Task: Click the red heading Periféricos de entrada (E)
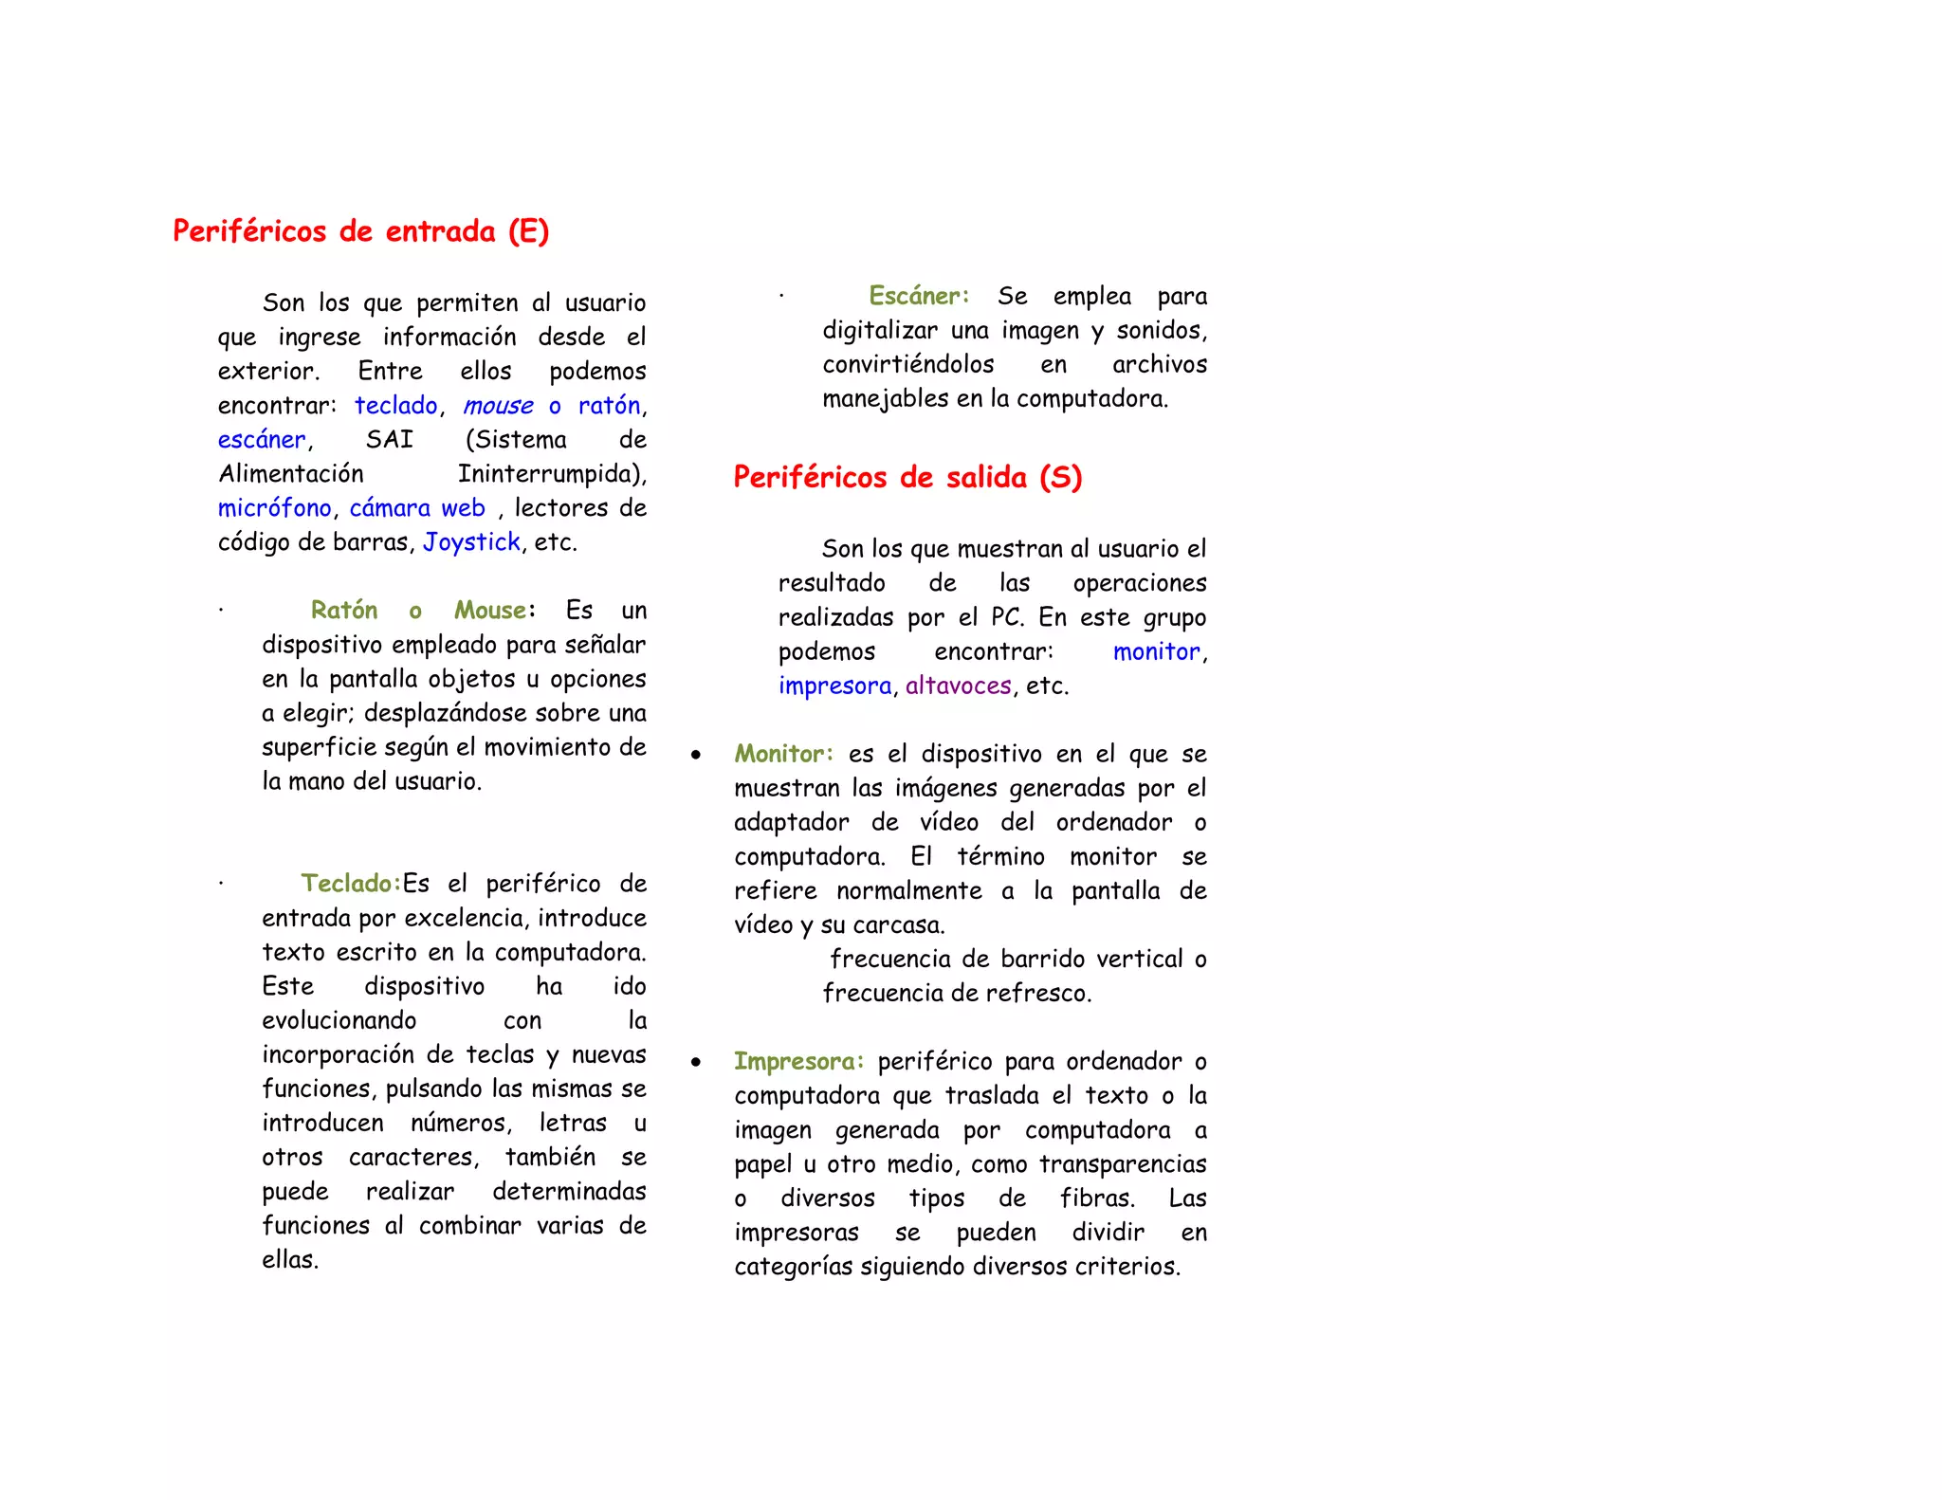pos(360,231)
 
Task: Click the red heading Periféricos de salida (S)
pos(907,477)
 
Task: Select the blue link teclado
pos(395,406)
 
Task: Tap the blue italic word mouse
pos(498,406)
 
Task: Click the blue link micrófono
pos(274,508)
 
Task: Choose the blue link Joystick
pos(471,542)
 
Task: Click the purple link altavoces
pos(958,686)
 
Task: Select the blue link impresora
pos(834,686)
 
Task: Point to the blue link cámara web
pos(417,508)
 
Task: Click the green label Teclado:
pos(351,884)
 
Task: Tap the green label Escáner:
pos(919,296)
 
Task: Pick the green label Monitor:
pos(783,754)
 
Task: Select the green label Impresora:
pos(798,1061)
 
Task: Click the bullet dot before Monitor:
pos(696,756)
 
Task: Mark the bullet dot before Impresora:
pos(696,1063)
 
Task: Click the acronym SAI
pos(390,440)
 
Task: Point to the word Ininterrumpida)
pos(552,474)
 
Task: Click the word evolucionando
pos(339,1020)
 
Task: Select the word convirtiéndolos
pos(907,364)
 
